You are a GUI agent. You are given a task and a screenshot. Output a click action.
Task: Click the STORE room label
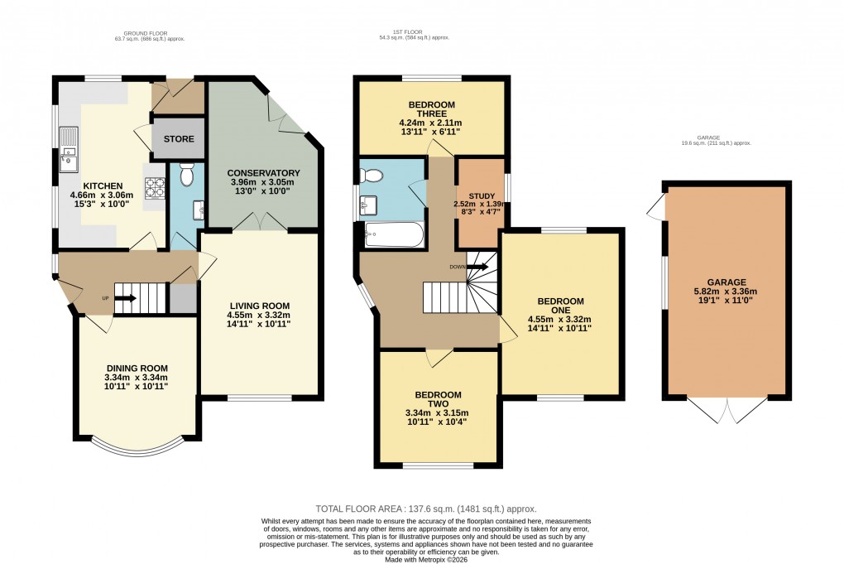click(177, 139)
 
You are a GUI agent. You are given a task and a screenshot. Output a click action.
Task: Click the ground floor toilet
click(186, 173)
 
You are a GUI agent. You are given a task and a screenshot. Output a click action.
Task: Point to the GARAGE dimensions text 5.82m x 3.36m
click(720, 292)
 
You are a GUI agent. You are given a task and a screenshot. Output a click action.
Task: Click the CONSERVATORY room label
click(263, 172)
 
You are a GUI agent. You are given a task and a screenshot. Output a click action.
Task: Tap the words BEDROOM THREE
click(429, 110)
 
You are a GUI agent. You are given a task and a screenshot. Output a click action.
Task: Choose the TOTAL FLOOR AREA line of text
click(426, 509)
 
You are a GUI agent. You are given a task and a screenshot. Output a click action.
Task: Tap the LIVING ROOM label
click(258, 304)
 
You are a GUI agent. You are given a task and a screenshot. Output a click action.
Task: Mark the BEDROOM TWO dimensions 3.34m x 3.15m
click(439, 414)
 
